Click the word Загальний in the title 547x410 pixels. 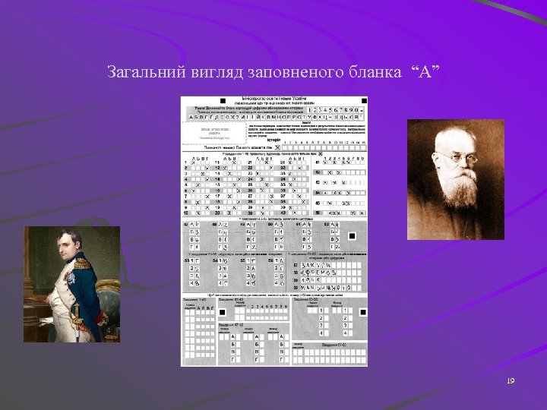[x=141, y=73]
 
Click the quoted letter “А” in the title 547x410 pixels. [x=425, y=73]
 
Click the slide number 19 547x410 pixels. [x=510, y=380]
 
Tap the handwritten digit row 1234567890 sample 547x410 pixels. [x=334, y=109]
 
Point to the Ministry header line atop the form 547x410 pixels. [x=274, y=99]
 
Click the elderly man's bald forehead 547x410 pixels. [x=454, y=143]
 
